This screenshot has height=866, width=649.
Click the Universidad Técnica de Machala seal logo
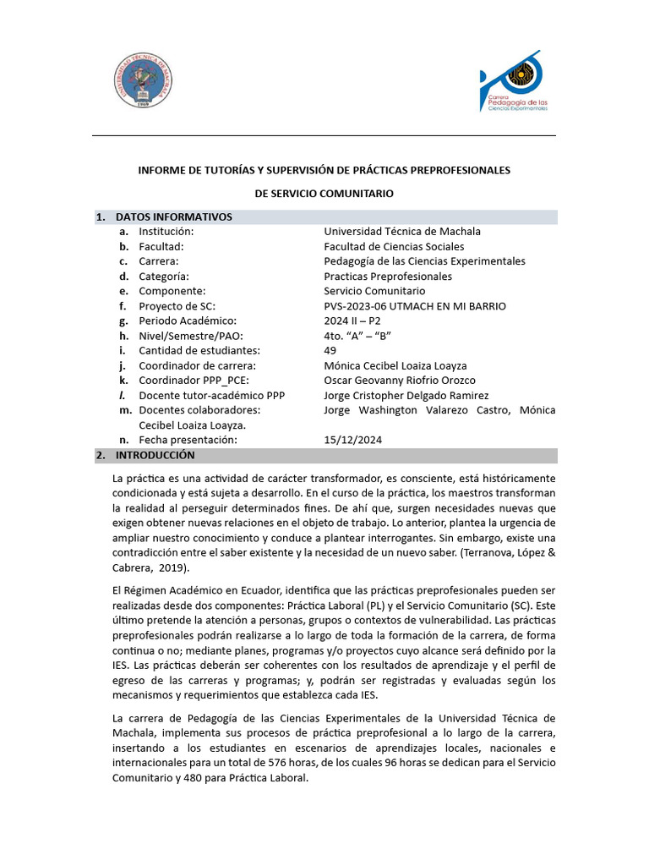[x=143, y=81]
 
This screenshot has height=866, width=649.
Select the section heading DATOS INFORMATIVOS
[x=173, y=217]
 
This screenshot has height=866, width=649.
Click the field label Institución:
[x=166, y=232]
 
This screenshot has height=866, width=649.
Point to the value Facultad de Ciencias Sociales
[x=394, y=247]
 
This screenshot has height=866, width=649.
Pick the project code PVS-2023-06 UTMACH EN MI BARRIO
[x=415, y=306]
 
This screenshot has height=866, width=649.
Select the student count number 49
[x=330, y=351]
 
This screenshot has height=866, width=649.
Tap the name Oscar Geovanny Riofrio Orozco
[x=400, y=381]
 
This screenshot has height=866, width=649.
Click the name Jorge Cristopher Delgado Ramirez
[x=406, y=396]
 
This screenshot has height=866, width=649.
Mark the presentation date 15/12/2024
[x=352, y=441]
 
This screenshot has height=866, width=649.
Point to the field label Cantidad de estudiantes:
[x=199, y=351]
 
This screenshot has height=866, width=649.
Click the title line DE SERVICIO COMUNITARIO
[x=324, y=194]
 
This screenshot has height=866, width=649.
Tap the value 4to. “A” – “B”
[x=357, y=336]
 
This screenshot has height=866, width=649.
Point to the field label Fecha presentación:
[x=188, y=441]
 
